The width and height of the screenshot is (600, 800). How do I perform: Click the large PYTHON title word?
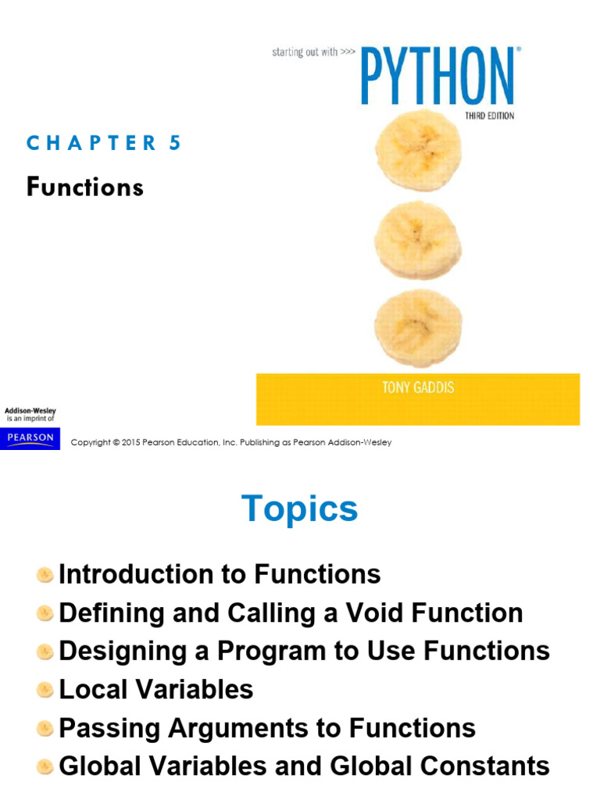[437, 76]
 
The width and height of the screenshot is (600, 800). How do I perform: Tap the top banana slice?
[419, 150]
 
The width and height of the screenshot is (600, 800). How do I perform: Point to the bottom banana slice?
[418, 328]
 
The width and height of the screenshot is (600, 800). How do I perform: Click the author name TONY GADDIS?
[418, 388]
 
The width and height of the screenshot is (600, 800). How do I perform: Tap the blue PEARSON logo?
[30, 438]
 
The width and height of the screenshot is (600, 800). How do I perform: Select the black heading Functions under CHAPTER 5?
[85, 187]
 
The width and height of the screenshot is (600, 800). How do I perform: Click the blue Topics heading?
[300, 509]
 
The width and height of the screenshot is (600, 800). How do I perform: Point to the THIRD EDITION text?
[489, 116]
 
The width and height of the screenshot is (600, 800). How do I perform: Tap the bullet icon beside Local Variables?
[45, 690]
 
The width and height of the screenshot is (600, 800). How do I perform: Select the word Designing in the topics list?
[123, 652]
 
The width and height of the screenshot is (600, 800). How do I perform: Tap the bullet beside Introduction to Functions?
[45, 575]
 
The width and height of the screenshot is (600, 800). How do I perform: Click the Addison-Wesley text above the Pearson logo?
[30, 410]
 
